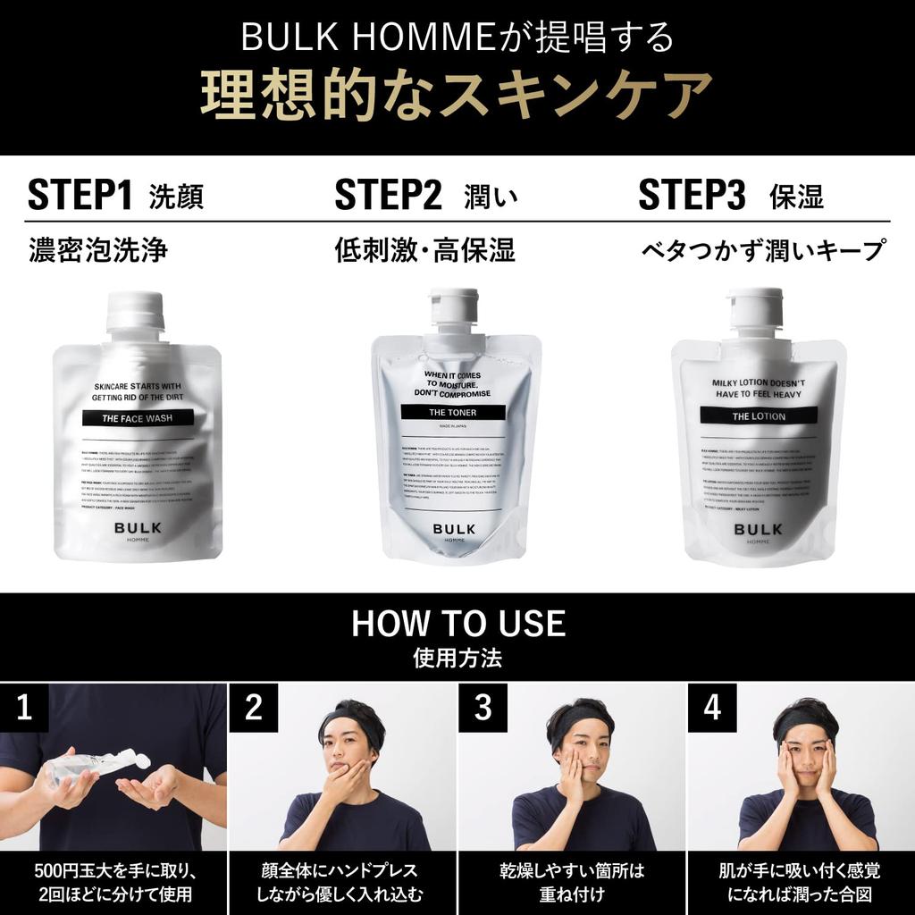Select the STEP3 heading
coord(692,196)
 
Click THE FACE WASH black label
coord(137,417)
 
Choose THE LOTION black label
coord(759,416)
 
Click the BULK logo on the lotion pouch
coord(758,529)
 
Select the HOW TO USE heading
coord(457,623)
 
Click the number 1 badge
coord(25,708)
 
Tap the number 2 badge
coord(254,708)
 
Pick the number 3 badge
coord(483,708)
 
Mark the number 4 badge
coord(711,708)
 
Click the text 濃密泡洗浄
coord(98,250)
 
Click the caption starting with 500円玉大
coord(113,882)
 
